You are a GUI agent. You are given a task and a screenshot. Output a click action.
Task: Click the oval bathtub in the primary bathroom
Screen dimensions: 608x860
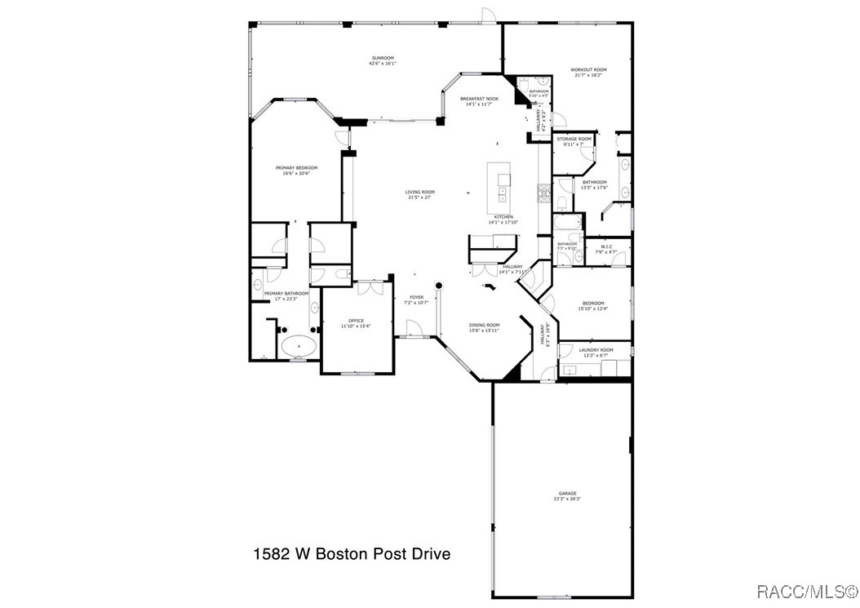click(x=299, y=346)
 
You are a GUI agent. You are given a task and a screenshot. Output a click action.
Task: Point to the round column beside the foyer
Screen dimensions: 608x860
click(x=438, y=286)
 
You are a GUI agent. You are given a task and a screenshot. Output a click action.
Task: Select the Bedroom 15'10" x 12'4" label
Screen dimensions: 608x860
click(x=593, y=305)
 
